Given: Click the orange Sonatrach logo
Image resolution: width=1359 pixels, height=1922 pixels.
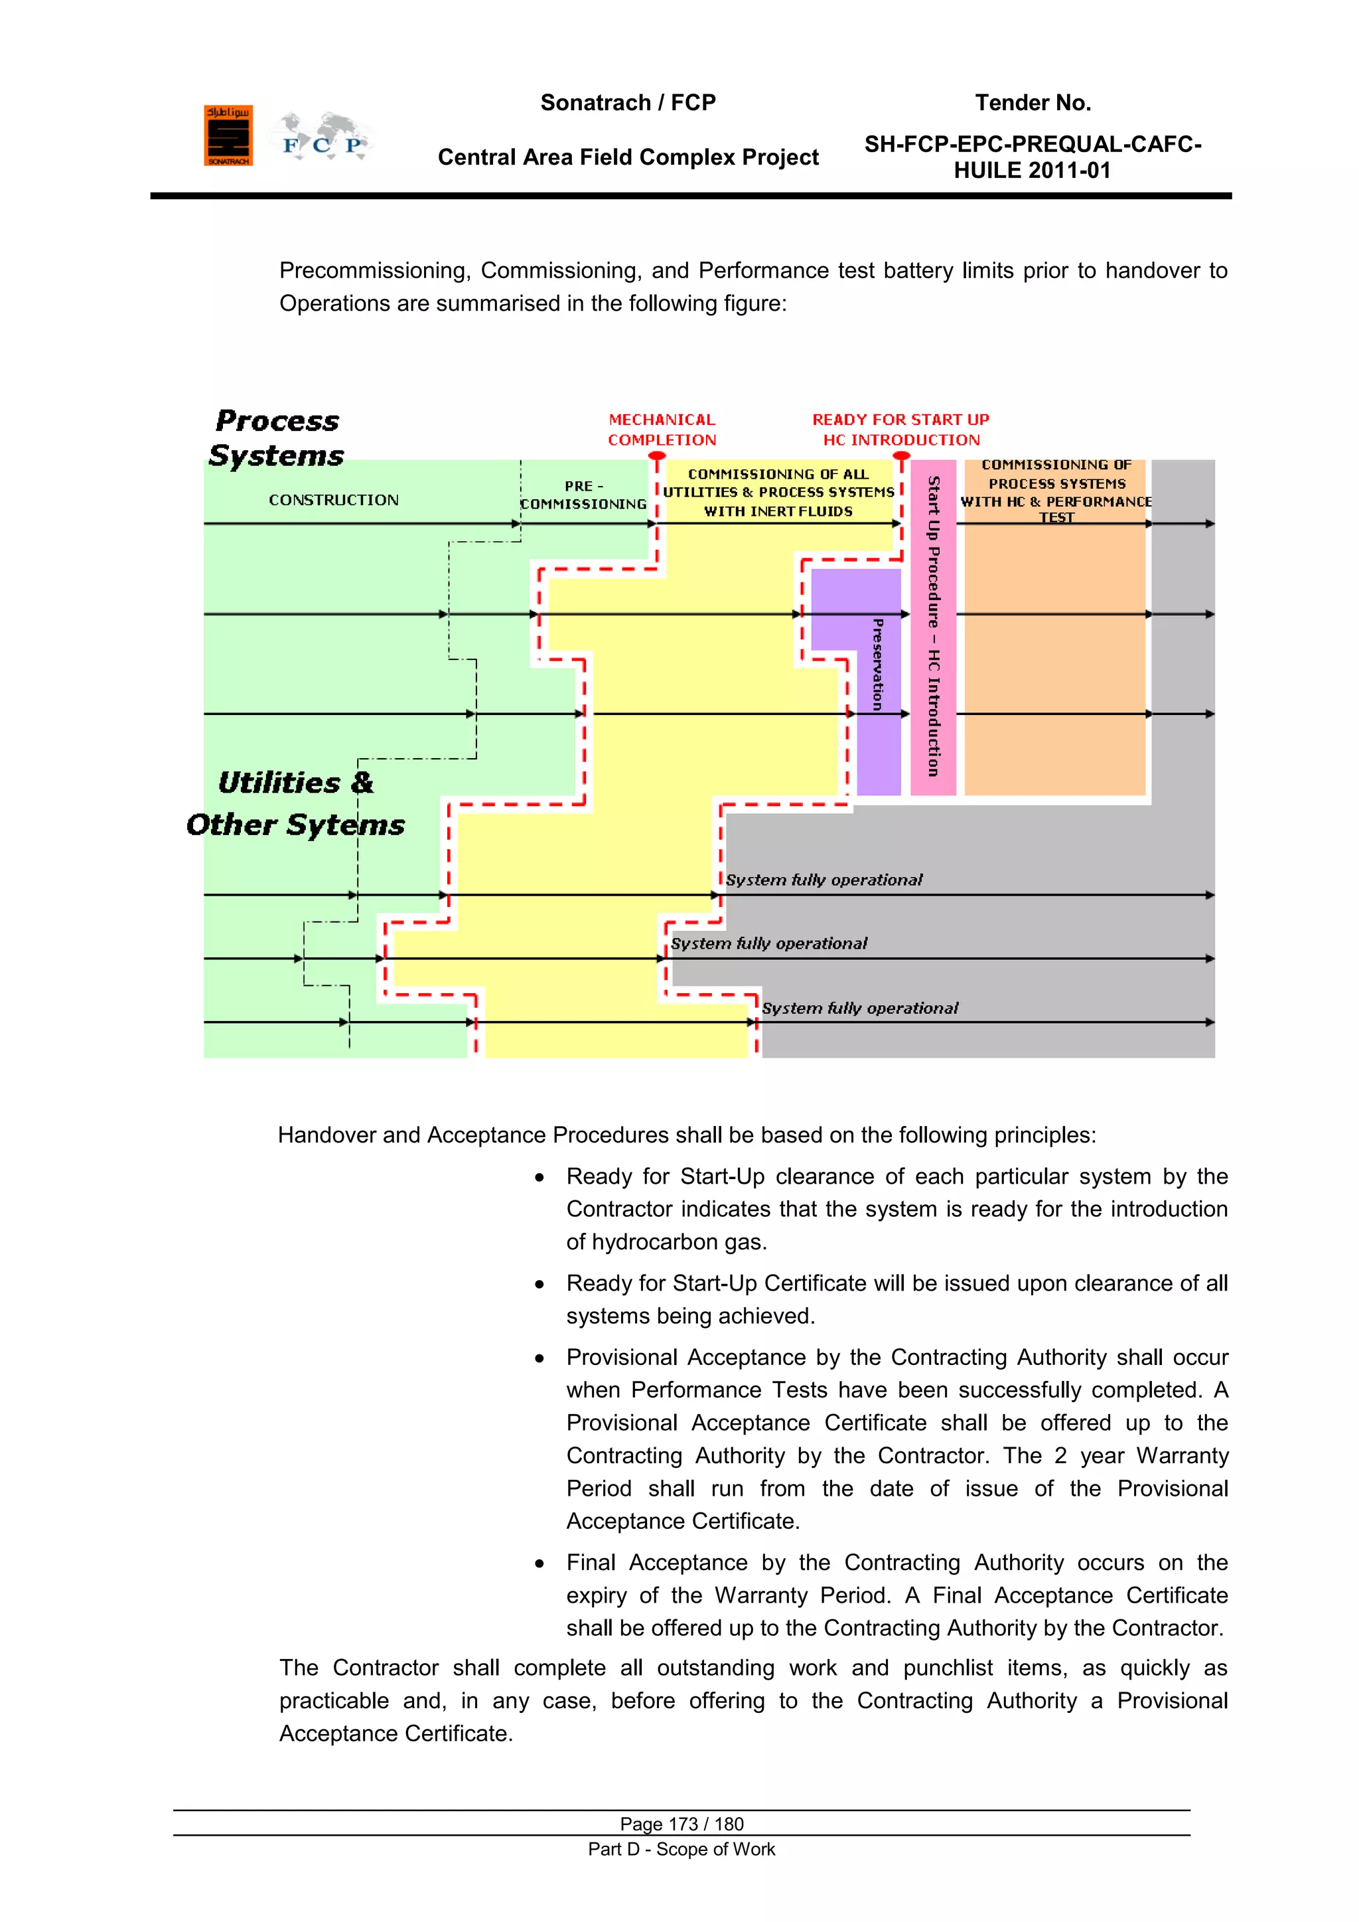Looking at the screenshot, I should [228, 135].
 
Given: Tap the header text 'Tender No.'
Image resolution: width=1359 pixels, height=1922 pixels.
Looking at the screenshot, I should [1033, 103].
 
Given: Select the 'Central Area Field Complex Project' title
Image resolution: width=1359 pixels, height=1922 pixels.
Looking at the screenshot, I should [628, 157].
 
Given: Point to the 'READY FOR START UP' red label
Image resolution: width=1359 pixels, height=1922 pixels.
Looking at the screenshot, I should [900, 420].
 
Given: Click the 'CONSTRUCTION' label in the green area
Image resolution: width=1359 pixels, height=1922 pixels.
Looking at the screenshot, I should [333, 500].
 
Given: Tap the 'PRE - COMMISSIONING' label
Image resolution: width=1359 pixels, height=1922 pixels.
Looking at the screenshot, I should [583, 495].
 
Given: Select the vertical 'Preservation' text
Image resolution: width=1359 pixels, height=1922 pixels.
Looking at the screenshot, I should [877, 665].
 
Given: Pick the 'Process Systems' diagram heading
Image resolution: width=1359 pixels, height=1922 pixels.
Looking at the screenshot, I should [276, 438].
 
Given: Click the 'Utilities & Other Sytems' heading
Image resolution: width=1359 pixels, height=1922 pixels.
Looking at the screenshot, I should [295, 803].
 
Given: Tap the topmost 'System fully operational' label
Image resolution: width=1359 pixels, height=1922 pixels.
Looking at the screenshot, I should [823, 880].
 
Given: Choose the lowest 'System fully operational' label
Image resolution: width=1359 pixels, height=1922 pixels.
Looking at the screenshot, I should [859, 1008].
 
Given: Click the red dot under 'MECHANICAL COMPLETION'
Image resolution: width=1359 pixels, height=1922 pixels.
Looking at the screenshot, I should [658, 457].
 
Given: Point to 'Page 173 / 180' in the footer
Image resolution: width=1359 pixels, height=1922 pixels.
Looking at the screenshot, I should [681, 1824].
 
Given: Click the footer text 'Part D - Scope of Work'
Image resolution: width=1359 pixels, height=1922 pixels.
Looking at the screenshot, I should [681, 1849].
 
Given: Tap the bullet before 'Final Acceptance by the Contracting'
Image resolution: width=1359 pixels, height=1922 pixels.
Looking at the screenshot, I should [539, 1563].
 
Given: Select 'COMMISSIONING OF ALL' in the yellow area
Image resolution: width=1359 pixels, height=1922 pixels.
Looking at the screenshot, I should [778, 474].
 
